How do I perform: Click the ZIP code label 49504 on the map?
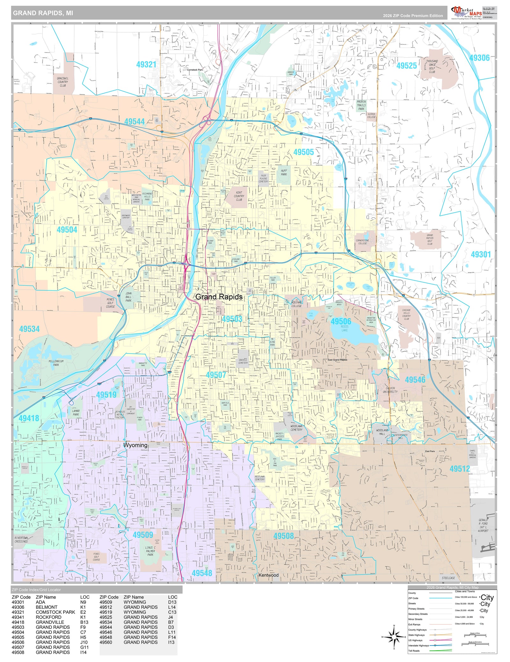(67, 230)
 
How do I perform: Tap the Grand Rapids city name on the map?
(219, 297)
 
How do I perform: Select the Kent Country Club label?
(239, 196)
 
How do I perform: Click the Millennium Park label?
(56, 363)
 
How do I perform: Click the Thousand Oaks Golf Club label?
(432, 66)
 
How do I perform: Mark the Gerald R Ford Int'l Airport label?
(483, 525)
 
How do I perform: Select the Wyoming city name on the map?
(135, 445)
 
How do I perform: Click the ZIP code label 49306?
(479, 58)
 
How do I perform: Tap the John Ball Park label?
(128, 297)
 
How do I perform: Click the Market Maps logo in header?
(467, 13)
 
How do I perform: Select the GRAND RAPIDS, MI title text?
(43, 13)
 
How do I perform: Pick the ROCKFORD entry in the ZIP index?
(48, 617)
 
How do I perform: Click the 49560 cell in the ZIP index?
(106, 642)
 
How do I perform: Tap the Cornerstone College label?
(362, 242)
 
